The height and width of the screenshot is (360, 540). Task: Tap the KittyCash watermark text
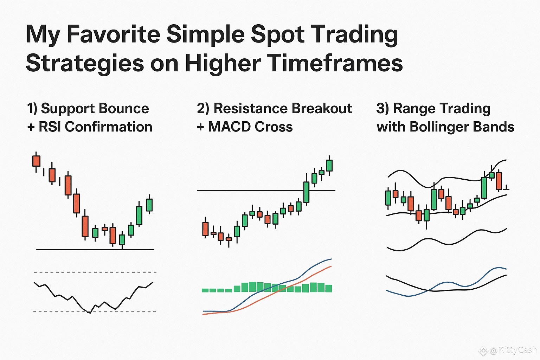pos(517,350)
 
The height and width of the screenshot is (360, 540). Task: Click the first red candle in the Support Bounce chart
pos(37,161)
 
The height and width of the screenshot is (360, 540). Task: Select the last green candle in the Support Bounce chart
pos(149,205)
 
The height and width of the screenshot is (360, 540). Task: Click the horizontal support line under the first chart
pos(95,250)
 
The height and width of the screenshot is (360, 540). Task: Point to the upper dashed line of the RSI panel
pos(95,272)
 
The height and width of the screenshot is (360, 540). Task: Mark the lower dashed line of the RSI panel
pos(95,312)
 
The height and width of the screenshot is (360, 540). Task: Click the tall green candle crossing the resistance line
pos(307,192)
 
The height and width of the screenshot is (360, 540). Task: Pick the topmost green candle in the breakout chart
pos(329,166)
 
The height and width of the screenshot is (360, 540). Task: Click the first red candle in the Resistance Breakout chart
pos(205,229)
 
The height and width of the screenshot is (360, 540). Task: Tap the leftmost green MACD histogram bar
pos(205,290)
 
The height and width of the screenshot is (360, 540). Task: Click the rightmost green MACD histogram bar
pos(329,289)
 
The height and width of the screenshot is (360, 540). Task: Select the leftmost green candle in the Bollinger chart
pos(388,198)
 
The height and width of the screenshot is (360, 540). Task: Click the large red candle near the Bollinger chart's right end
pos(499,181)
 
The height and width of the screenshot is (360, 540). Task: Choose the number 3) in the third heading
pos(382,109)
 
